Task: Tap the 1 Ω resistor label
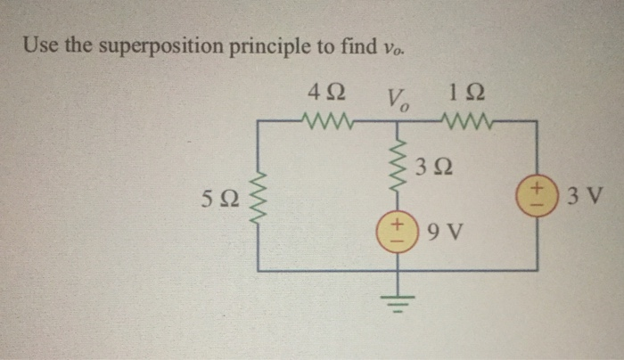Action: pyautogui.click(x=469, y=93)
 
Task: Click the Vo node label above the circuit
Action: pyautogui.click(x=396, y=95)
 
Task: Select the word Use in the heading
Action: pyautogui.click(x=38, y=45)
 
